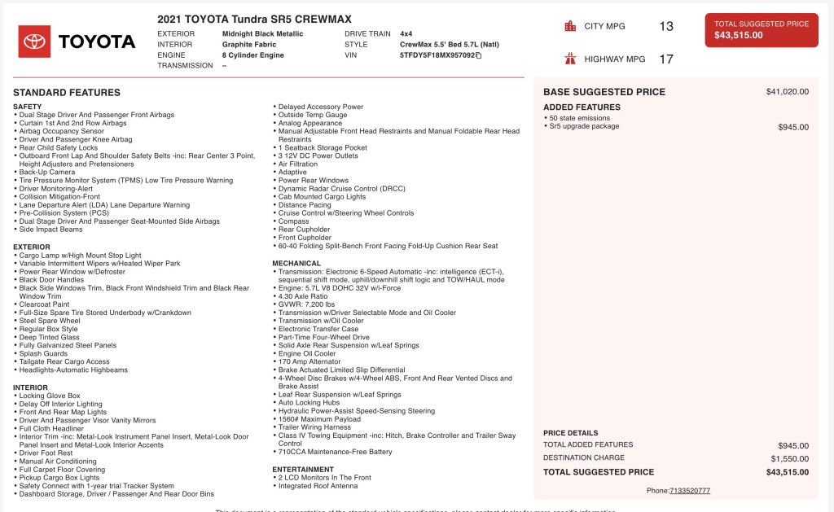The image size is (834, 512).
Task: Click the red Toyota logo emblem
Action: [34, 42]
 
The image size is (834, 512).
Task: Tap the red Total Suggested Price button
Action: [762, 30]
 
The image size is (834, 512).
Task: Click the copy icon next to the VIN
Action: [478, 56]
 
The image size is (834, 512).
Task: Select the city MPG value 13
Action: [666, 27]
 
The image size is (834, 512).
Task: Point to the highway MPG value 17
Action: [666, 59]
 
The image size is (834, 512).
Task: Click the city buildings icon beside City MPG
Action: [570, 26]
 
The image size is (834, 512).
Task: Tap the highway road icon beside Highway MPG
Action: [570, 59]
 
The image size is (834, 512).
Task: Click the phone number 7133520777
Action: [690, 491]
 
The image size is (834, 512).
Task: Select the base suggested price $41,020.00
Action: [787, 92]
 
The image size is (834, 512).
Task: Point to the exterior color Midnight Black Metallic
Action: [262, 34]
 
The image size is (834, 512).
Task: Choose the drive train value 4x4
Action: [406, 34]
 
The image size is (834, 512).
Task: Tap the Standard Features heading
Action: [67, 93]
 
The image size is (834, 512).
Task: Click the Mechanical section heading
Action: [296, 264]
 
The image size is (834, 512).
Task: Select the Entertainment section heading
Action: [303, 470]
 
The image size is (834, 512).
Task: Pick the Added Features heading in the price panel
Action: [582, 107]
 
